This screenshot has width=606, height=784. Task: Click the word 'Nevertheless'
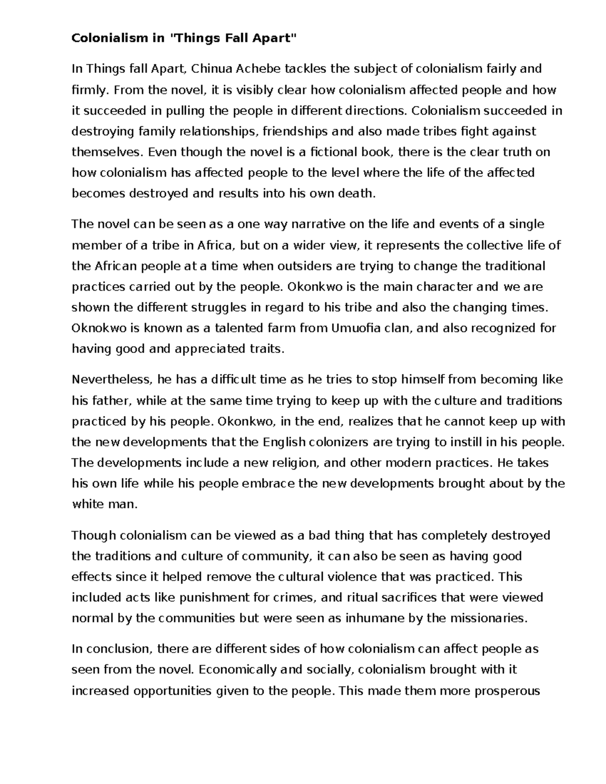112,380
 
